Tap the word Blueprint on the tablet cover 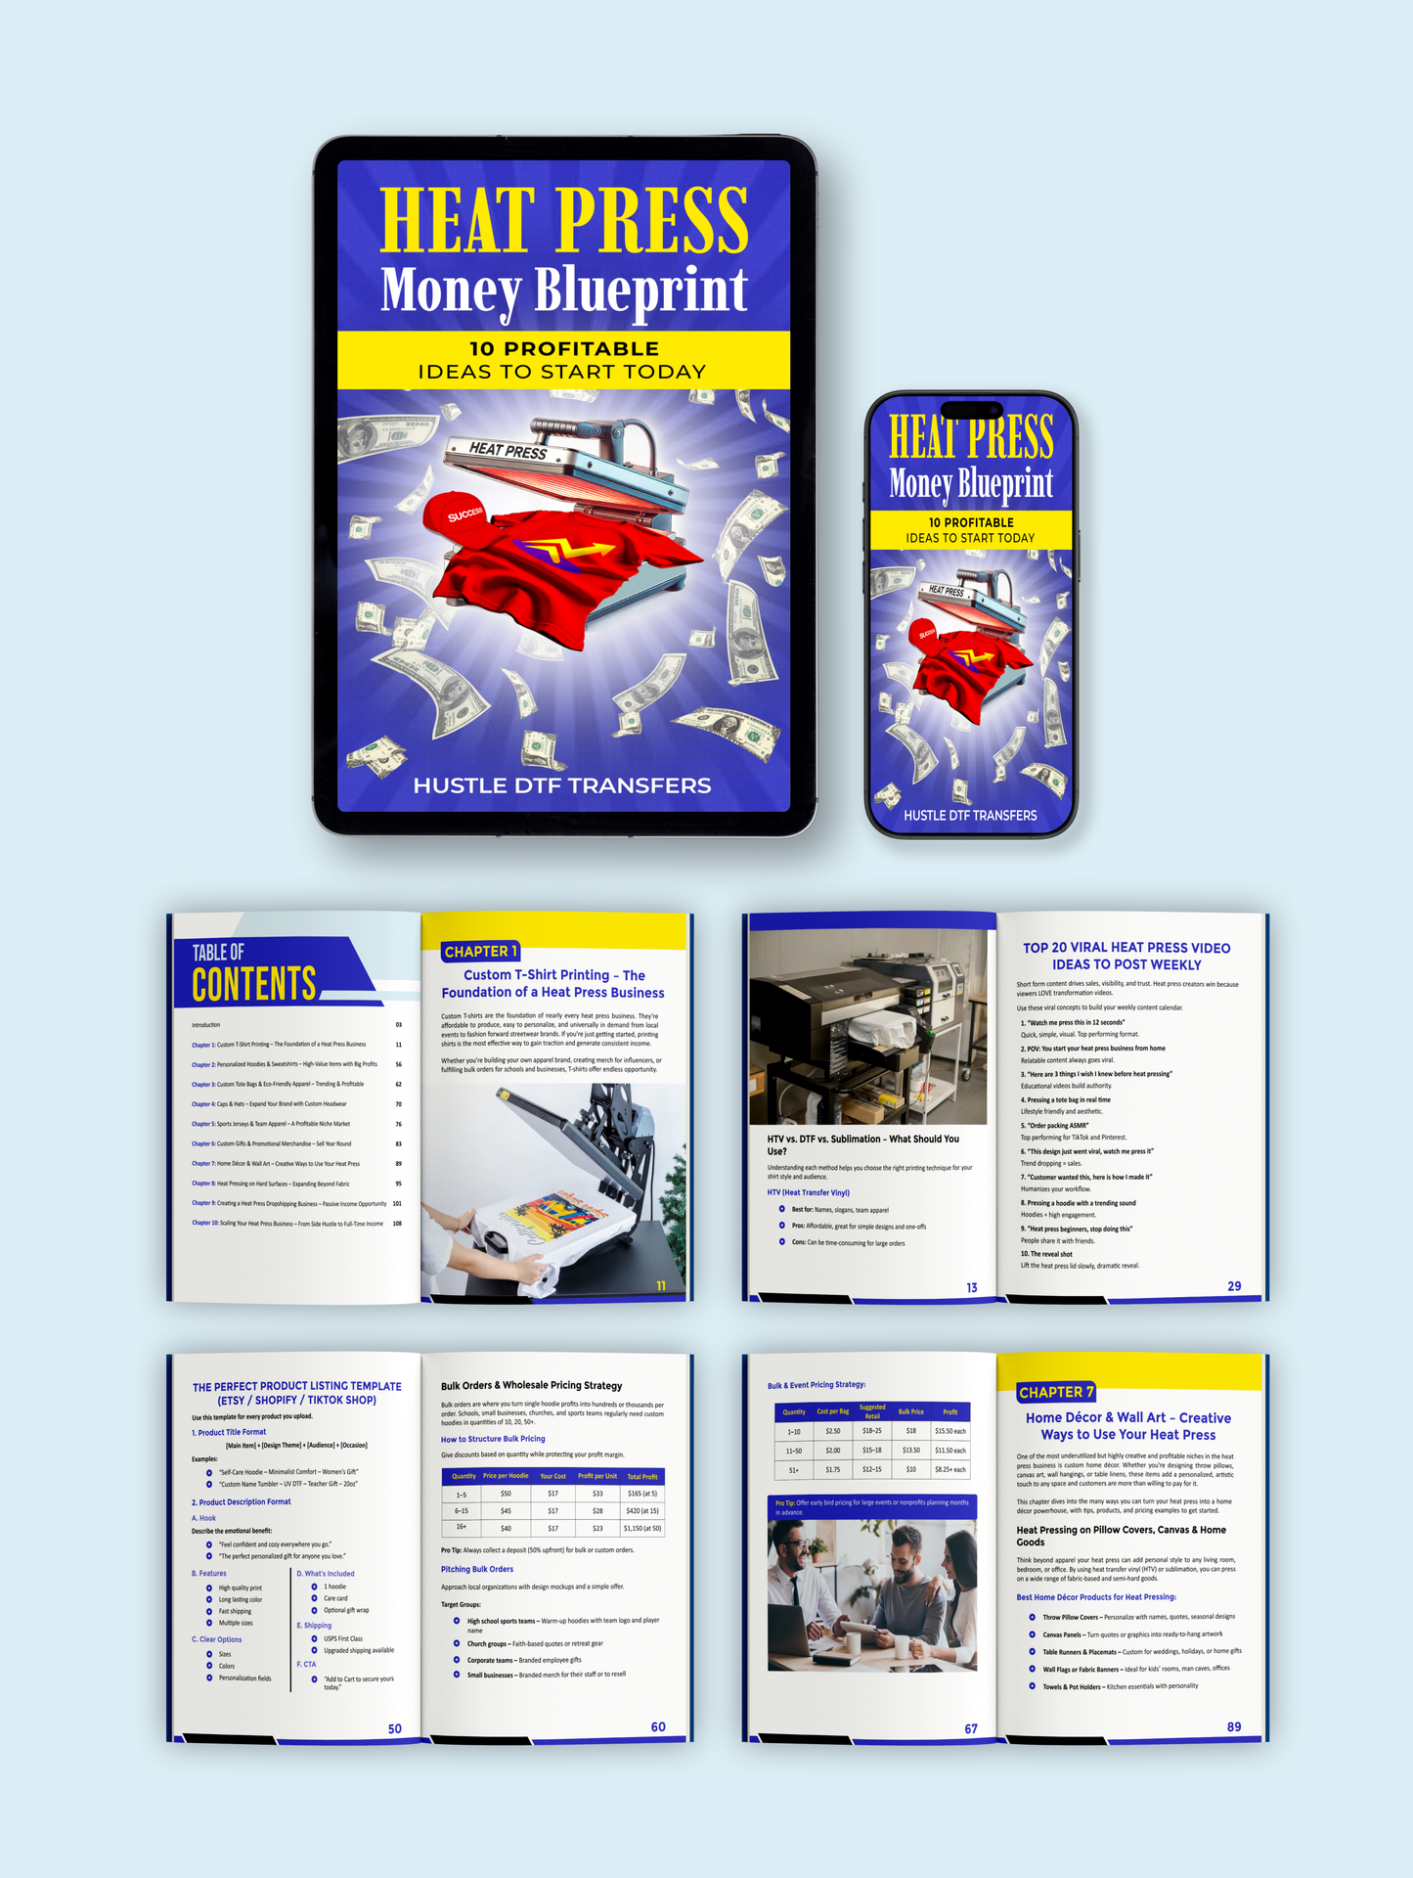point(640,291)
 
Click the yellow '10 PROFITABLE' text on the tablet point(563,348)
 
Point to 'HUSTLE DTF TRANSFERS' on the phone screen point(970,815)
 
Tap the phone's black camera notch point(970,409)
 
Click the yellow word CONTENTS point(254,984)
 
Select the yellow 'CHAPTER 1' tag point(480,951)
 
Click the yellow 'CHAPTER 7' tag point(1055,1392)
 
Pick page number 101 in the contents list point(397,1203)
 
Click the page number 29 point(1234,1286)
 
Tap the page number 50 point(395,1728)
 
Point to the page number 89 point(1234,1726)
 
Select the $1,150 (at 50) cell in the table point(642,1527)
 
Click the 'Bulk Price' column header point(910,1411)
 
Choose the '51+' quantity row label point(793,1469)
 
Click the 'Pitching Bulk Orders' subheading point(477,1569)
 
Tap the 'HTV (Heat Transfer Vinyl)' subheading point(808,1192)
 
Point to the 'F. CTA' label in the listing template point(306,1664)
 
